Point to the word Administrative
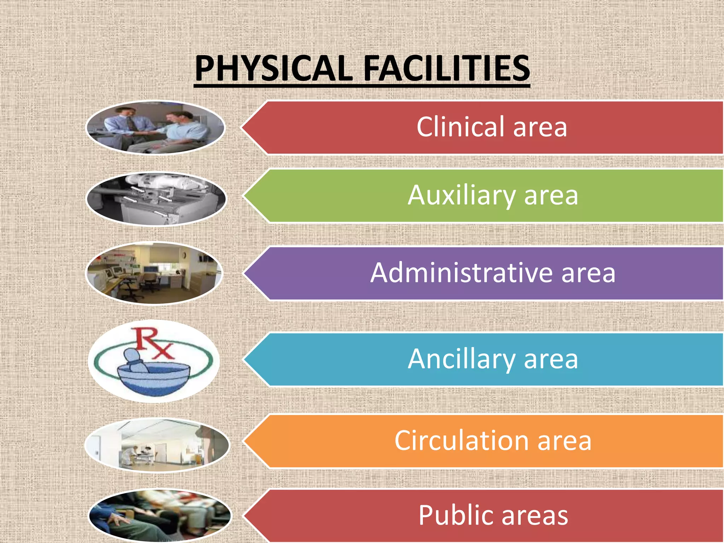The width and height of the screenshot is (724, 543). point(461,273)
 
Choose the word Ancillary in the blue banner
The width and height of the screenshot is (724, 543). point(461,359)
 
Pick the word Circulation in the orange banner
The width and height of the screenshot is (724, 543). point(461,440)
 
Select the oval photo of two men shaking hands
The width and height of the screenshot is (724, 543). point(156,128)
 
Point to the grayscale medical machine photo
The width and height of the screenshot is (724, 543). point(156,199)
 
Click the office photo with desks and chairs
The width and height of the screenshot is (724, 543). point(154,273)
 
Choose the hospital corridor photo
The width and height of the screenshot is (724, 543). point(157,445)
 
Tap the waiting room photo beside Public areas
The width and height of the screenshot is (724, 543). point(159,515)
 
